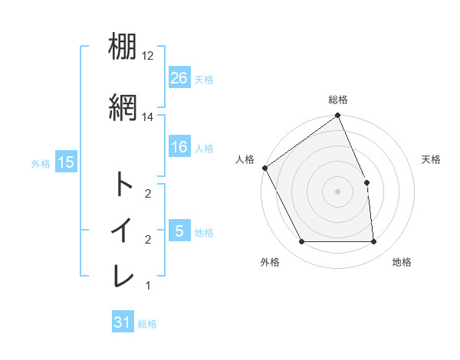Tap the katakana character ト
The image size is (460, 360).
click(x=123, y=185)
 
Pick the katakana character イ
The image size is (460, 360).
click(x=123, y=230)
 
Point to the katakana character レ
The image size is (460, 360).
click(x=123, y=277)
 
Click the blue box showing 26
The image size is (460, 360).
click(x=179, y=77)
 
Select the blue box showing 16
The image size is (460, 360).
click(x=179, y=147)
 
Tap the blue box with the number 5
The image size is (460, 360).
click(x=179, y=231)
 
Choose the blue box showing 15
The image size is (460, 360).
click(x=65, y=162)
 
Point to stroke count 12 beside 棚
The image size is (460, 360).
click(x=148, y=56)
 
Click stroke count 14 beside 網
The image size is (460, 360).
click(x=148, y=116)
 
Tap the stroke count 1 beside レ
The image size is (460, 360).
click(x=147, y=286)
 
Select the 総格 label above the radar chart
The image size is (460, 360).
click(x=338, y=100)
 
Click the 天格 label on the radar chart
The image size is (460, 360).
click(x=431, y=159)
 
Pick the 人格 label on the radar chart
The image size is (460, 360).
click(x=245, y=159)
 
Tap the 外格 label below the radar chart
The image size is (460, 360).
click(x=270, y=262)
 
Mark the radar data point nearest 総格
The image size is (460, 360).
click(x=338, y=117)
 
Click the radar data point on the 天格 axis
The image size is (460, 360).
click(x=366, y=182)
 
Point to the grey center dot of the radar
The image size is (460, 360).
click(x=338, y=191)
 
